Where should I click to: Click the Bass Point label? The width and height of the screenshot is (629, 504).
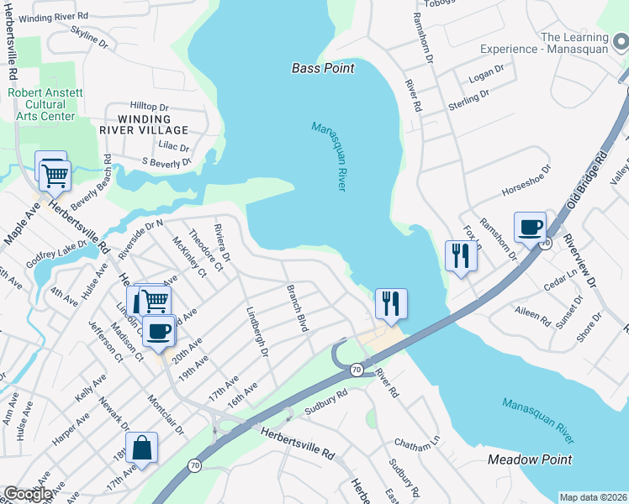click(x=323, y=68)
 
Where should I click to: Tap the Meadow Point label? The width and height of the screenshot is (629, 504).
click(x=530, y=459)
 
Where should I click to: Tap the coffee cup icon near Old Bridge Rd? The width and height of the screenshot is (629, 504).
click(x=530, y=228)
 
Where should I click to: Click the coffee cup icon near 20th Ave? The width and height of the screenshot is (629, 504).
click(x=158, y=331)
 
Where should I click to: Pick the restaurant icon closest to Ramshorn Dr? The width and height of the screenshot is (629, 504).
click(x=460, y=255)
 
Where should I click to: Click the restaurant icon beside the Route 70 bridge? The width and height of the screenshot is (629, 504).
click(x=391, y=302)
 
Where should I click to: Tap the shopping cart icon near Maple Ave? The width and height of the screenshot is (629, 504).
click(x=55, y=176)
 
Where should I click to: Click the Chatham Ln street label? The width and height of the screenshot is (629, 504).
click(x=417, y=443)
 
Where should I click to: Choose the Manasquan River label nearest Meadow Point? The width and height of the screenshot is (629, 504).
click(x=538, y=421)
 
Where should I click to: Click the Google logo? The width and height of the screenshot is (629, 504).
click(x=28, y=494)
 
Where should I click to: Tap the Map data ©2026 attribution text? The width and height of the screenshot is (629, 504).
click(x=593, y=497)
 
